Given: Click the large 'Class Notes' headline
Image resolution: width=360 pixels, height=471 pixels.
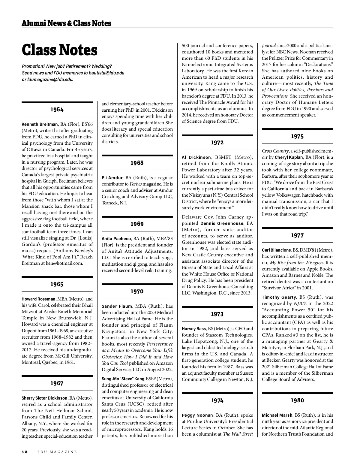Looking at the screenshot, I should tap(59, 50).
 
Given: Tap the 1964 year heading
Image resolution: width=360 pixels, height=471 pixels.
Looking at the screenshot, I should tap(57, 110).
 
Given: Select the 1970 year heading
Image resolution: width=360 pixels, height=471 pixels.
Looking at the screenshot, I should tap(137, 291).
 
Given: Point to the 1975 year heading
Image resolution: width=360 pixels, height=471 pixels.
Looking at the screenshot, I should tap(297, 137).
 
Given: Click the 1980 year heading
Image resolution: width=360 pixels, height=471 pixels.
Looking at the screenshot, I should tap(297, 400).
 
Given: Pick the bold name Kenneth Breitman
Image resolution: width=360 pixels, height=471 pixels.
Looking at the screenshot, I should tap(40, 124).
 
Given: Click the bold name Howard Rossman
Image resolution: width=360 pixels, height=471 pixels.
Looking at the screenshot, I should tap(38, 299).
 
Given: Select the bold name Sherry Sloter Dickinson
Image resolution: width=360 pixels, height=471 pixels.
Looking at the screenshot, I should tap(44, 398).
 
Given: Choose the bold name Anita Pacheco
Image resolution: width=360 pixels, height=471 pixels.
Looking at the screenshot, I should tap(116, 239).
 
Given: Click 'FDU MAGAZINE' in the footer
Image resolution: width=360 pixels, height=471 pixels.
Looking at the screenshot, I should tap(57, 452).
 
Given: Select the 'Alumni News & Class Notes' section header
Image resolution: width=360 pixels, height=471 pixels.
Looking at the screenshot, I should tap(66, 23).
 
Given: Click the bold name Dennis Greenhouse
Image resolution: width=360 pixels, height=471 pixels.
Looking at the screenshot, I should tap(222, 223).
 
